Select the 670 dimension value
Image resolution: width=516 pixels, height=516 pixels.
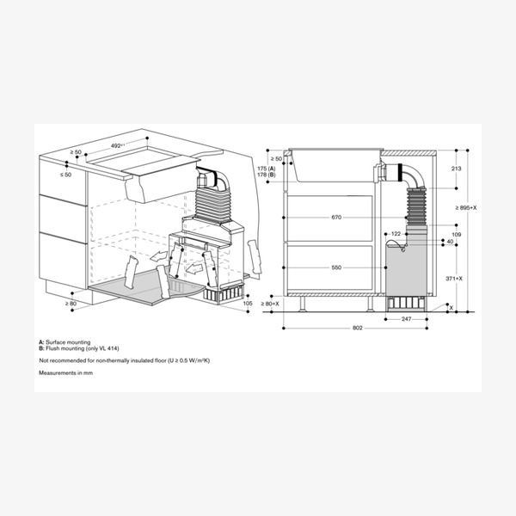point(336,218)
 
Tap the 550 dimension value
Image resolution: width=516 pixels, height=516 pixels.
point(336,268)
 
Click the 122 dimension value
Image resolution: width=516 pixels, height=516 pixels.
point(396,233)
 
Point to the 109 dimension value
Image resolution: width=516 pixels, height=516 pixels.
point(456,234)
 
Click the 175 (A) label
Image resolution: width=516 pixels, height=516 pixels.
point(266,169)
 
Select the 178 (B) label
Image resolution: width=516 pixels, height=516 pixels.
point(266,175)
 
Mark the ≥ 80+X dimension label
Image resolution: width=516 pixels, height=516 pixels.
point(271,304)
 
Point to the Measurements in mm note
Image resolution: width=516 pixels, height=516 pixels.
point(64,372)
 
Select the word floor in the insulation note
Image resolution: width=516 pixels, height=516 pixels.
point(136,360)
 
